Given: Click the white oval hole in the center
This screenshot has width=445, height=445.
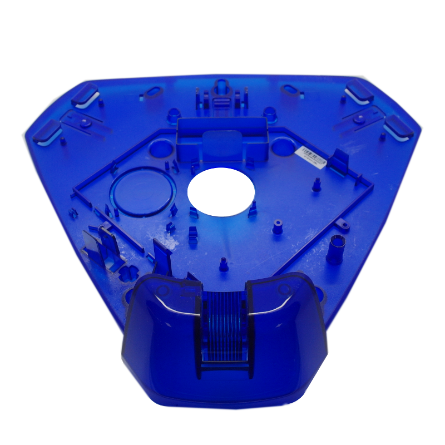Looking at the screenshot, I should [x=221, y=192].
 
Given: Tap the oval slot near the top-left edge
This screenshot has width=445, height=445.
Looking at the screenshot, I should [x=153, y=90].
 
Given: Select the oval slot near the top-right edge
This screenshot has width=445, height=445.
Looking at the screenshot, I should [x=291, y=90].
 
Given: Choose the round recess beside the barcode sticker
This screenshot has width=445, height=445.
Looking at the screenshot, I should [x=283, y=146].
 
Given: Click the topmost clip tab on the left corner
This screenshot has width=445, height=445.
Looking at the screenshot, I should [x=85, y=93].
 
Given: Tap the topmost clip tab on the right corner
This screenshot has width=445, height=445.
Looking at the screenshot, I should [x=359, y=91].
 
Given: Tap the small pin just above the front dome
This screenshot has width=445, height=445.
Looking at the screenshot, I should [x=224, y=265].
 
